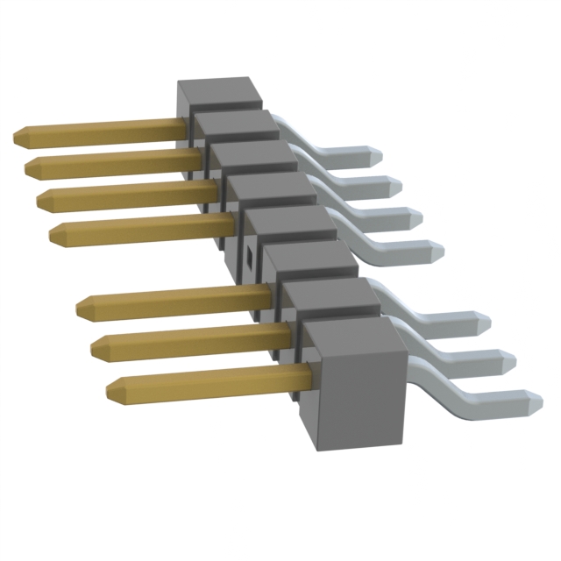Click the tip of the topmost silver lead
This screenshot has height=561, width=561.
pyautogui.click(x=376, y=154)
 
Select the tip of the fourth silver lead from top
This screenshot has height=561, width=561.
pyautogui.click(x=437, y=252)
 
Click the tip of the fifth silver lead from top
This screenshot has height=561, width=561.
pyautogui.click(x=485, y=323)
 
